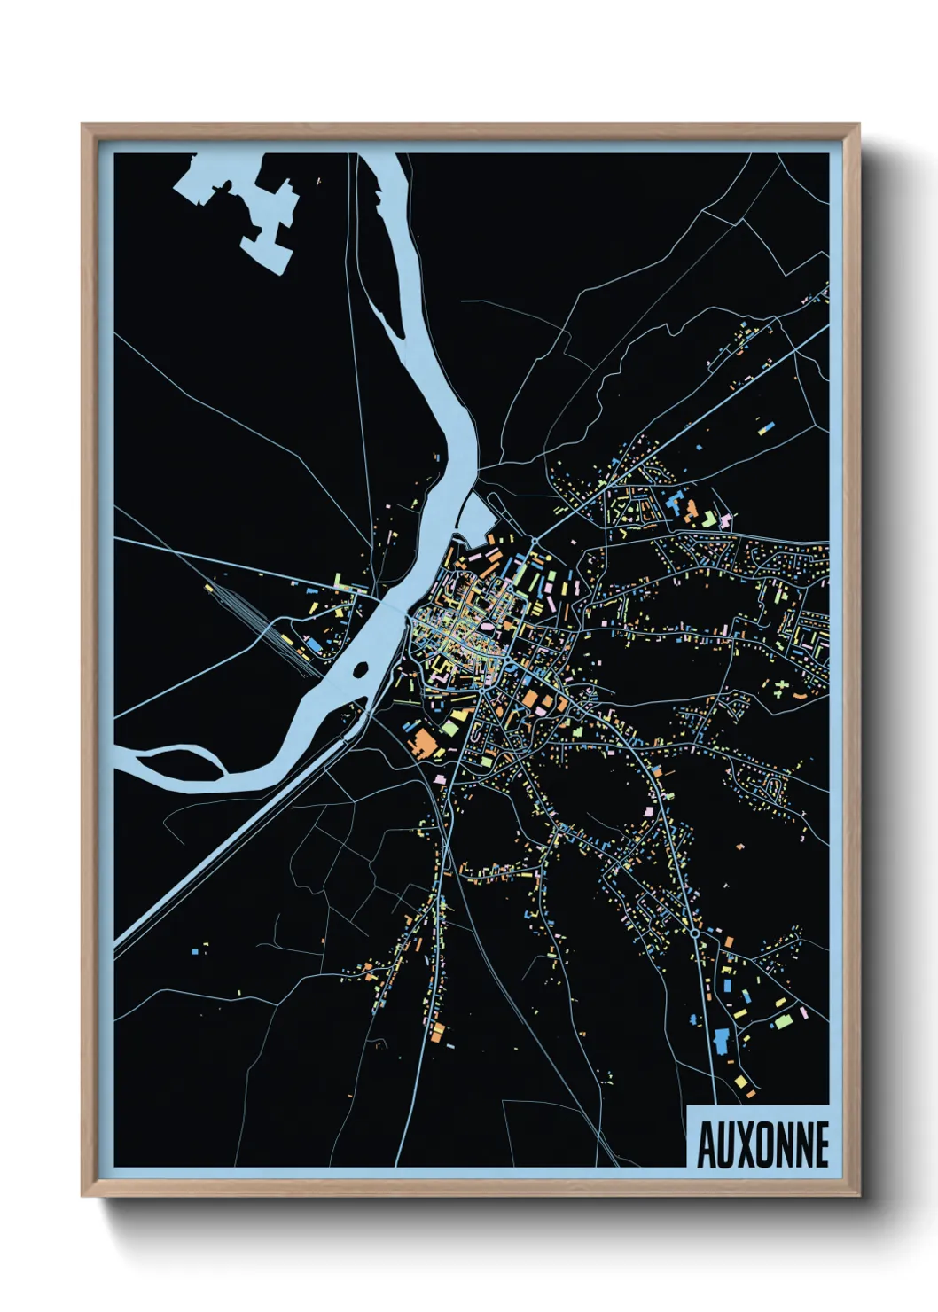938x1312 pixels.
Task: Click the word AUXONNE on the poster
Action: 762,1144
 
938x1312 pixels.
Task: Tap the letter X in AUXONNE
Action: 742,1144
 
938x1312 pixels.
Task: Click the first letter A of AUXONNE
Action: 706,1144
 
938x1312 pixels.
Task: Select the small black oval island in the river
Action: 360,669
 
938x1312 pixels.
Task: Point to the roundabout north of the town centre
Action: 535,541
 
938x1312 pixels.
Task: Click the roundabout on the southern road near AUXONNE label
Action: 695,933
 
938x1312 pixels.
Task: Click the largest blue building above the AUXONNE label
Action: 721,1040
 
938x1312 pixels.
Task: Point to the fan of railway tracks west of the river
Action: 244,607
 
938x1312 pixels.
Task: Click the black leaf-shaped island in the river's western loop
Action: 173,761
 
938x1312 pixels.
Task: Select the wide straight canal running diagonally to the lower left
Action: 222,851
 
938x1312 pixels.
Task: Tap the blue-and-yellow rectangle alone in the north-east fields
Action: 763,428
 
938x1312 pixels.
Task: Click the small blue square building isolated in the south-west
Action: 194,951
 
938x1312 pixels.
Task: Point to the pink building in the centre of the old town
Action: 486,631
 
